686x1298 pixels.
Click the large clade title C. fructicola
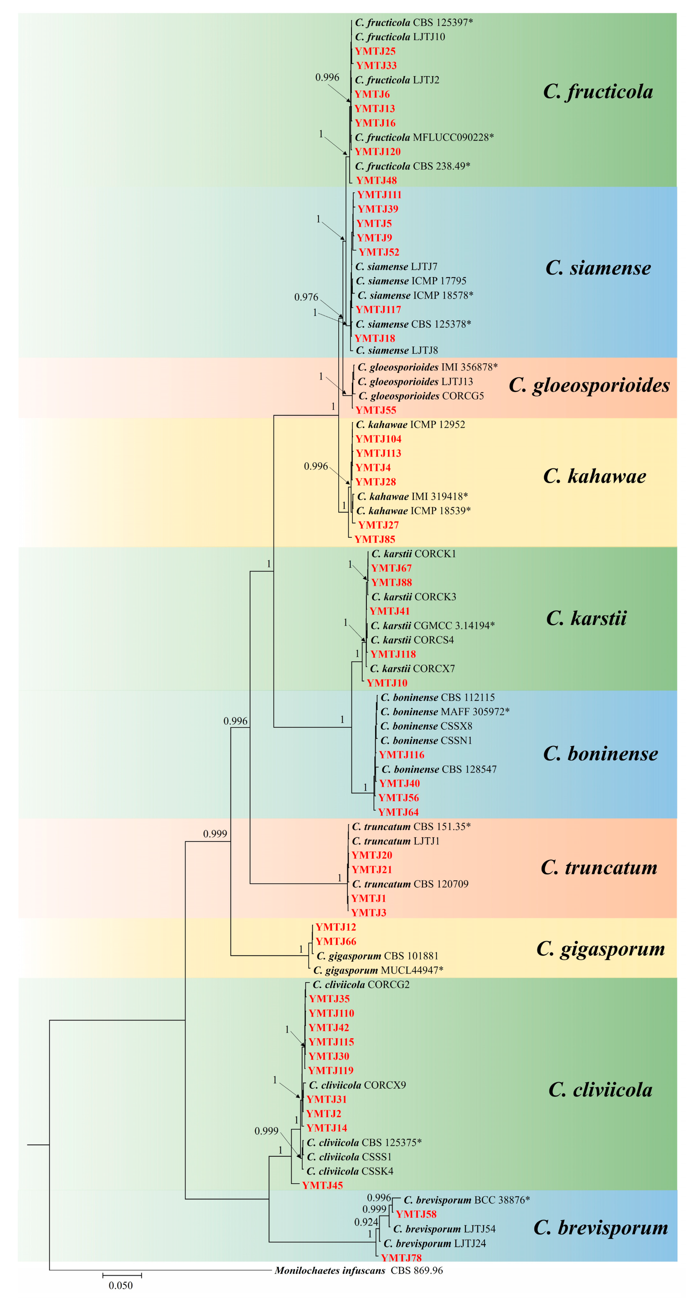click(x=598, y=92)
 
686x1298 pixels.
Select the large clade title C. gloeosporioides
click(x=589, y=385)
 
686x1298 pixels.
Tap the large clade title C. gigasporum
click(x=600, y=948)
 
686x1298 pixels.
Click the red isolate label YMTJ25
click(x=375, y=51)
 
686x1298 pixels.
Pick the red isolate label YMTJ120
click(x=377, y=152)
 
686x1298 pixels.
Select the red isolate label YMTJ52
click(x=378, y=252)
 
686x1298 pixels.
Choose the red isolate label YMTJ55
click(x=376, y=410)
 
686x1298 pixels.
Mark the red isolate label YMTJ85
click(x=375, y=539)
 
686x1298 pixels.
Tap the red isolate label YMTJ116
click(x=401, y=755)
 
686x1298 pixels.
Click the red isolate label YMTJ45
click(x=322, y=1185)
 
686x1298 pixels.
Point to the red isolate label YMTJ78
click(x=401, y=1258)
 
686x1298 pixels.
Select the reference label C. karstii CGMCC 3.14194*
click(x=433, y=625)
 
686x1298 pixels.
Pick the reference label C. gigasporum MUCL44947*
click(x=378, y=970)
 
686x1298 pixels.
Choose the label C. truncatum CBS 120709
click(x=410, y=884)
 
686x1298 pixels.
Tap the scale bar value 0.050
click(x=120, y=1285)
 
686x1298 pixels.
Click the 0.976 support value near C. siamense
click(x=306, y=297)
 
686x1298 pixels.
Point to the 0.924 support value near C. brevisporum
click(x=366, y=1222)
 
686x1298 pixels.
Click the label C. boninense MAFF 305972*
click(x=444, y=711)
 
